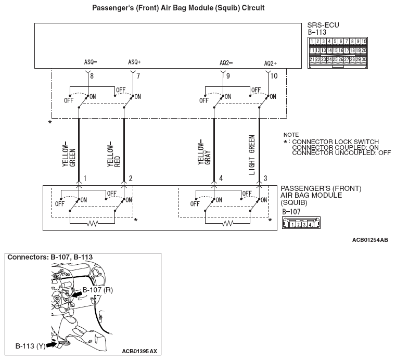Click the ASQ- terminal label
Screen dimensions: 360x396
[x=90, y=62]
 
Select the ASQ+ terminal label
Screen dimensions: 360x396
[x=134, y=62]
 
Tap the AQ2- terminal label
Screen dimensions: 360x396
[x=226, y=63]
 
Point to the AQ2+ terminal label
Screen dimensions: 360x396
[x=270, y=63]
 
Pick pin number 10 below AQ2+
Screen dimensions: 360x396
[x=274, y=76]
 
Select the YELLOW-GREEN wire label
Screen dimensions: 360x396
[x=68, y=153]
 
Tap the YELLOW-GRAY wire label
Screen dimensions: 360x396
[x=203, y=153]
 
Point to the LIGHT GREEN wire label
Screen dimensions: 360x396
[x=252, y=155]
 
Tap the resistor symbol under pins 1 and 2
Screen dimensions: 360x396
[x=93, y=223]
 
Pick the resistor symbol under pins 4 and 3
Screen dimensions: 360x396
[x=228, y=223]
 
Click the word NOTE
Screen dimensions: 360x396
[x=291, y=134]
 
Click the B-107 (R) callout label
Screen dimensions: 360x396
[x=98, y=289]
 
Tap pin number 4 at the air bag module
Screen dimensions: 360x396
[x=221, y=178]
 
